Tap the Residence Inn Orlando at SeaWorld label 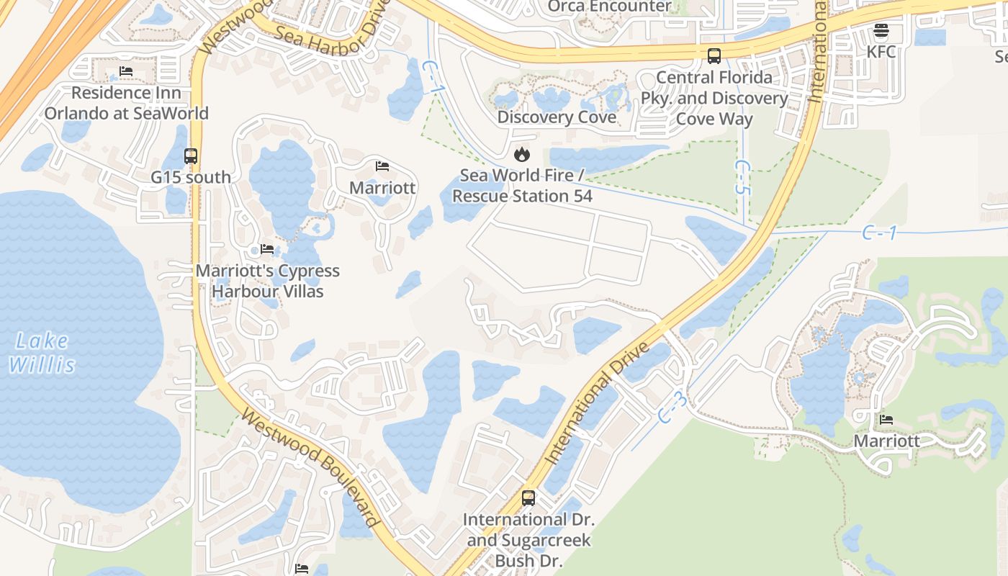click(126, 103)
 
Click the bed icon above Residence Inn click(126, 71)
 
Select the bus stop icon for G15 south click(190, 156)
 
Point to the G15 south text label click(191, 177)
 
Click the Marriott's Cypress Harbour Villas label click(267, 282)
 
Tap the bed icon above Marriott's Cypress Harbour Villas click(267, 249)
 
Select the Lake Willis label click(42, 353)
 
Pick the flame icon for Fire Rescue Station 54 click(521, 154)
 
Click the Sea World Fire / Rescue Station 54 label click(522, 186)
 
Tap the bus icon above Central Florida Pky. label click(714, 55)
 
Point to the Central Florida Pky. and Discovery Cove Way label click(714, 98)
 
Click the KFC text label click(881, 52)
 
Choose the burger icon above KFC click(881, 30)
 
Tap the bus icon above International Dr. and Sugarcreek click(528, 498)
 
